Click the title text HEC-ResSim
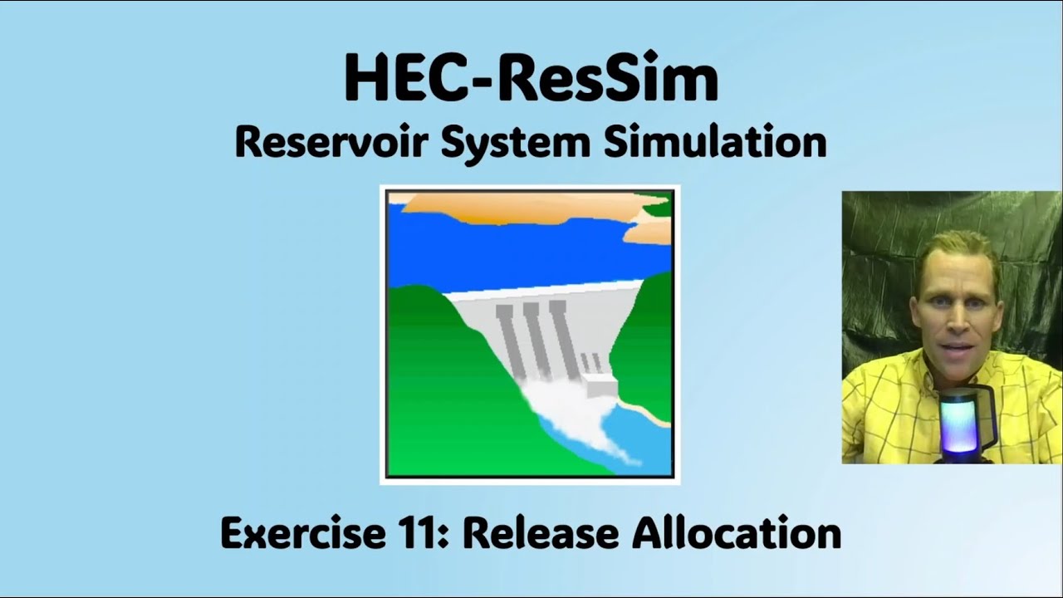[531, 79]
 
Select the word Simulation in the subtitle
[715, 142]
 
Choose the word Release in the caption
[540, 533]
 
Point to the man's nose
[956, 320]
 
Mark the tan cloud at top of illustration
[515, 207]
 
